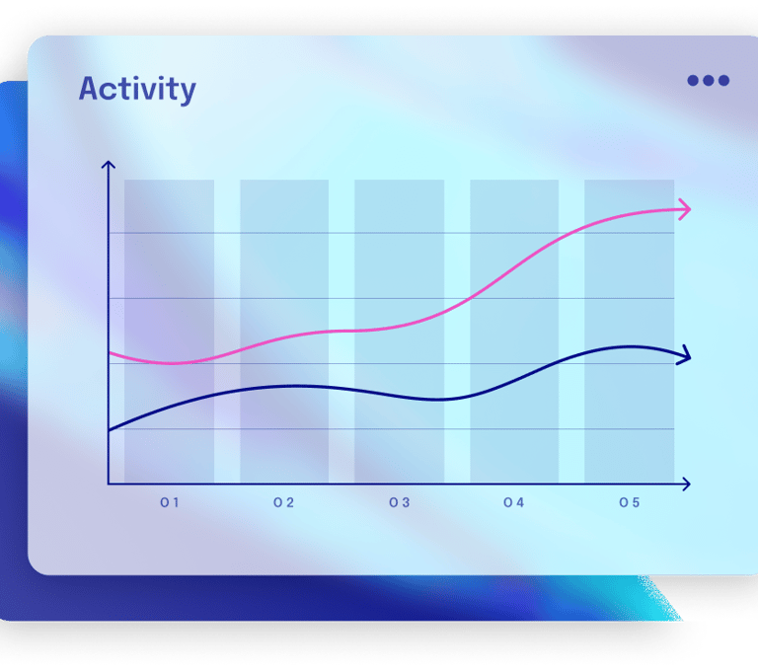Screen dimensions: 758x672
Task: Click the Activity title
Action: pos(137,90)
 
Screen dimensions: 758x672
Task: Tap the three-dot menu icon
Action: pos(709,80)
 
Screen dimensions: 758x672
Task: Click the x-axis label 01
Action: pos(170,503)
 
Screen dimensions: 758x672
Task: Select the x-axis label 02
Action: pos(284,503)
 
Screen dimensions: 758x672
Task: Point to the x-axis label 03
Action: pos(400,503)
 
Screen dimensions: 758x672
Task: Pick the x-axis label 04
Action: pos(513,503)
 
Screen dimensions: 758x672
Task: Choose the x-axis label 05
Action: pos(630,503)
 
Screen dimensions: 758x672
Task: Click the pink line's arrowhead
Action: pos(686,209)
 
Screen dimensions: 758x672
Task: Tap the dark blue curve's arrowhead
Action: pos(685,356)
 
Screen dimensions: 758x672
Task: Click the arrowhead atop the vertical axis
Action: pos(109,165)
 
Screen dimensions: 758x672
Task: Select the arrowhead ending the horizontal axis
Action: pos(686,484)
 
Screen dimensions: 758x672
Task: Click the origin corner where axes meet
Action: pos(109,483)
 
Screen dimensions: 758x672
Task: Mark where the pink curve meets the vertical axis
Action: pos(109,353)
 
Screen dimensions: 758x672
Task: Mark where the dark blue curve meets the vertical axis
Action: pos(109,430)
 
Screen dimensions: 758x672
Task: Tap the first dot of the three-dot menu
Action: pos(693,80)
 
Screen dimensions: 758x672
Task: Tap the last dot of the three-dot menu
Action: pos(723,80)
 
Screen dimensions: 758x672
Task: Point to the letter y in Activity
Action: pos(188,94)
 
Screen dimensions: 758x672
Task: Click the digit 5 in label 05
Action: pos(636,503)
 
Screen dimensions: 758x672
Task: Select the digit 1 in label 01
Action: pos(176,503)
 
